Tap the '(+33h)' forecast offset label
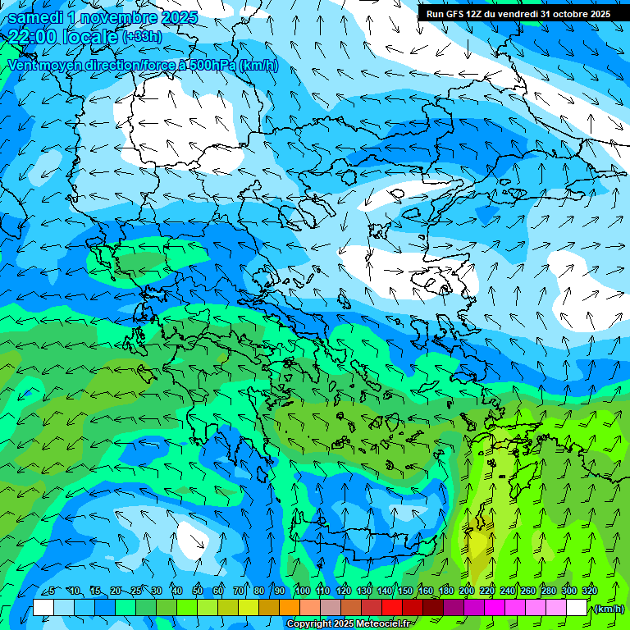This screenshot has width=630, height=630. click(x=142, y=37)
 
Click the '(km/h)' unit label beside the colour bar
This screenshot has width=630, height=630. click(x=608, y=609)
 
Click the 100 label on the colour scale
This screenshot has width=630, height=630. click(x=302, y=591)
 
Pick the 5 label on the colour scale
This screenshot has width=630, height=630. click(x=52, y=591)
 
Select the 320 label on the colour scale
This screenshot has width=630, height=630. click(x=589, y=591)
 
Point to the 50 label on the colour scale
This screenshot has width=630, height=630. click(x=198, y=591)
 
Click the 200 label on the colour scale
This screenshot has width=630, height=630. click(x=467, y=591)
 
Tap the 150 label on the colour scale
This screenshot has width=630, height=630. click(x=405, y=591)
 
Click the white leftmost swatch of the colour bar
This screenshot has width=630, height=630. click(x=43, y=607)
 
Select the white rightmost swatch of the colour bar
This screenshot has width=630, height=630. click(x=577, y=607)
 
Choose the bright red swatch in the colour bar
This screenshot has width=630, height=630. click(x=392, y=607)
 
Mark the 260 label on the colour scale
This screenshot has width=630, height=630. click(x=528, y=591)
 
